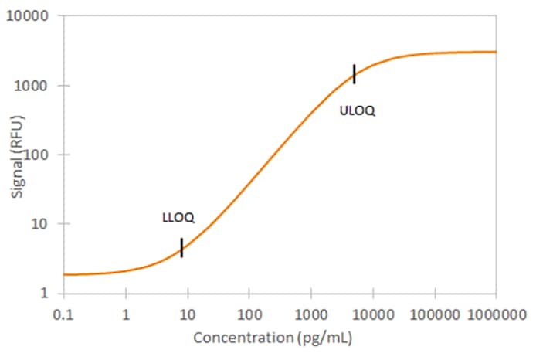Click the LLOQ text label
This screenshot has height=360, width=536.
[x=178, y=219]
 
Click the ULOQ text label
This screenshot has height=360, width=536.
[x=357, y=110]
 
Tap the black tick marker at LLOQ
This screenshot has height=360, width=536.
[x=181, y=247]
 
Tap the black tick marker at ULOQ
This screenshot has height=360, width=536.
[x=354, y=74]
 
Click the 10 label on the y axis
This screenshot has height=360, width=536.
[x=43, y=224]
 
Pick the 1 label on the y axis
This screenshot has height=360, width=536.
[x=47, y=294]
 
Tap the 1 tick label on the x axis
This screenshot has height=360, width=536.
[x=125, y=314]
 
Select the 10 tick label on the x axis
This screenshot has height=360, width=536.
[x=187, y=314]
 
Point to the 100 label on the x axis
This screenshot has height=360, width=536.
[x=249, y=314]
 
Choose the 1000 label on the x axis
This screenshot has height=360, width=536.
[x=310, y=314]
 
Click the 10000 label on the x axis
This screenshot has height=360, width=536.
[x=372, y=314]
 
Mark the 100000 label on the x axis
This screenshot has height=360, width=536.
[x=434, y=314]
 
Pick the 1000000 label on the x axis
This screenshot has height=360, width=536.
[x=496, y=314]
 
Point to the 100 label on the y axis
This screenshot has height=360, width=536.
[x=39, y=155]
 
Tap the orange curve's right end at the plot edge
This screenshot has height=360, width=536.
[x=494, y=52]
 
